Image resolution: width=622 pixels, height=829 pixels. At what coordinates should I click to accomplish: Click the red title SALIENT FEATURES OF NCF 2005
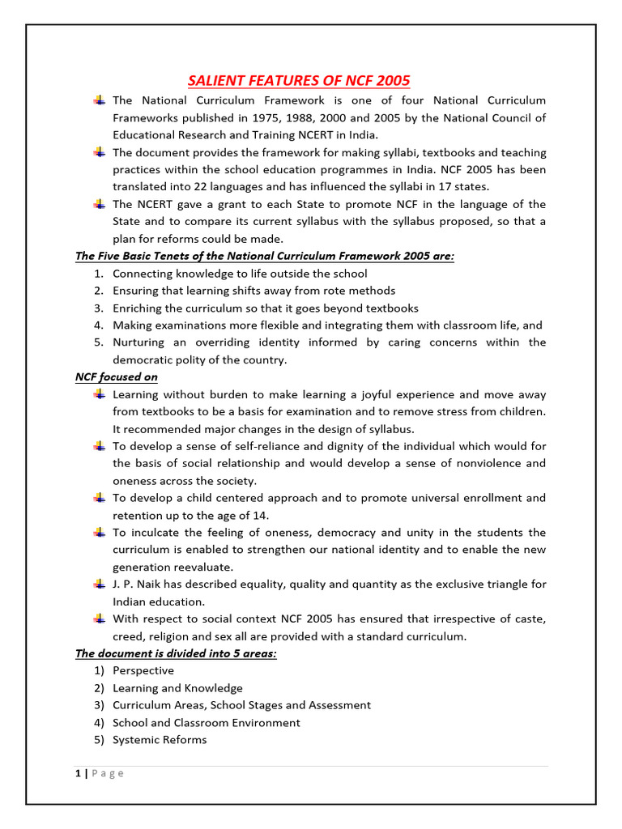pyautogui.click(x=299, y=80)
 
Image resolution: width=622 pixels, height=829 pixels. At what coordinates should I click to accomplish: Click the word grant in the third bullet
pyautogui.click(x=239, y=204)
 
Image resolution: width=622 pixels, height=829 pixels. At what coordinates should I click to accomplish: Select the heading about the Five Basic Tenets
pyautogui.click(x=265, y=256)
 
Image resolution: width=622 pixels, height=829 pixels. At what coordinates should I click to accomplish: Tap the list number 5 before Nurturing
pyautogui.click(x=97, y=342)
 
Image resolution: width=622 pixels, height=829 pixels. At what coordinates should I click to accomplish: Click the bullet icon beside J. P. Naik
pyautogui.click(x=99, y=584)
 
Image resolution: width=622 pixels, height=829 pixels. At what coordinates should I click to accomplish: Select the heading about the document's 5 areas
pyautogui.click(x=176, y=653)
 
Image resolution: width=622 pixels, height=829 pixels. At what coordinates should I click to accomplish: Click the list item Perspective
pyautogui.click(x=143, y=670)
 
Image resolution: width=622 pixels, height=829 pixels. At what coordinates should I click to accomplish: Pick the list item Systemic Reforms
pyautogui.click(x=160, y=740)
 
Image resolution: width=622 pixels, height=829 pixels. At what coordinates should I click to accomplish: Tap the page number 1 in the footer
pyautogui.click(x=78, y=773)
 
